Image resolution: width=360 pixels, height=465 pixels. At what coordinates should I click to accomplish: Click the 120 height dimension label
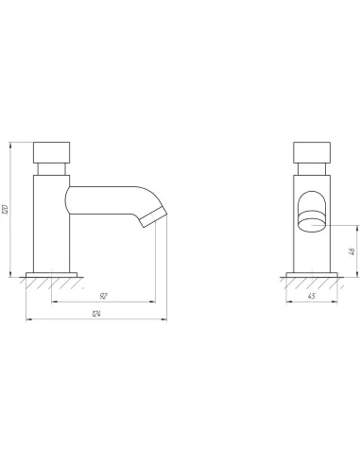click(6, 210)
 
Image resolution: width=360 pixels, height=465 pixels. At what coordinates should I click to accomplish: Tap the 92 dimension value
click(103, 296)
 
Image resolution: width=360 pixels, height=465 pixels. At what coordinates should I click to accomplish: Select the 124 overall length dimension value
click(96, 314)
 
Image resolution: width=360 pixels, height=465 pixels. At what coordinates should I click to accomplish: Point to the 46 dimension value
click(352, 251)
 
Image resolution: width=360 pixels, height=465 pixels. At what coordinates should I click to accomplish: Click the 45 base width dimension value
click(311, 296)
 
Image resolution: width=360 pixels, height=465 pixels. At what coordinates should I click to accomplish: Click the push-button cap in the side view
click(51, 152)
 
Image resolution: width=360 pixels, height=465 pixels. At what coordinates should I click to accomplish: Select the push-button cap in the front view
click(312, 152)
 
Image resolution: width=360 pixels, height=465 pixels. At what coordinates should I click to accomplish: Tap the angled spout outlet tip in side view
click(153, 217)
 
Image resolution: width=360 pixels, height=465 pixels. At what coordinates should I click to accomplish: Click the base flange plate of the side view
click(51, 275)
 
